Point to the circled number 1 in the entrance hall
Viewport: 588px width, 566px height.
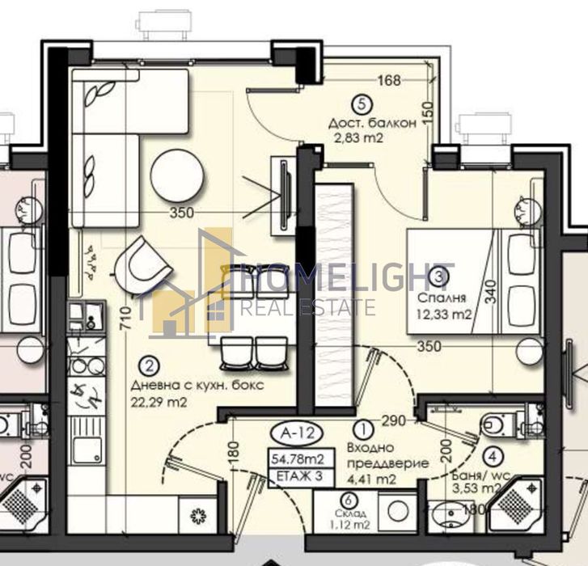pyautogui.click(x=364, y=429)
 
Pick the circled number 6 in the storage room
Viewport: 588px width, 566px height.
pyautogui.click(x=348, y=501)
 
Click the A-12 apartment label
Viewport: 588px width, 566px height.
pyautogui.click(x=294, y=430)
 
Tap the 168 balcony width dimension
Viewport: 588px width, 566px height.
pyautogui.click(x=389, y=80)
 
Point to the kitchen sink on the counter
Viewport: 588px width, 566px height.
pyautogui.click(x=85, y=450)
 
